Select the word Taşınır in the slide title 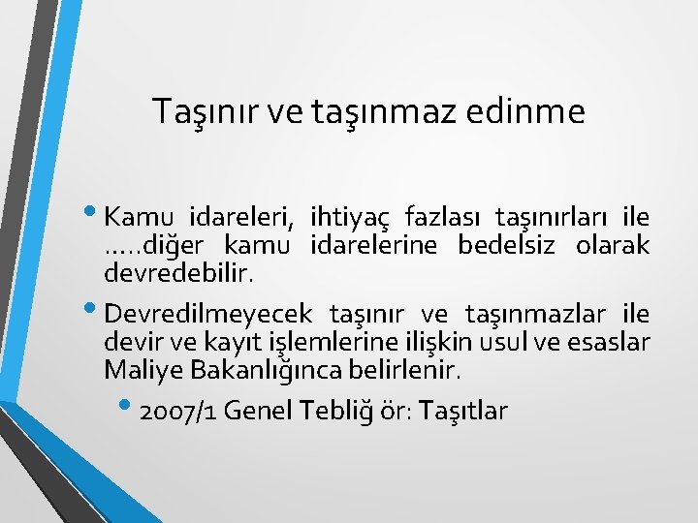[x=191, y=112]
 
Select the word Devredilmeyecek [x=208, y=315]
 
